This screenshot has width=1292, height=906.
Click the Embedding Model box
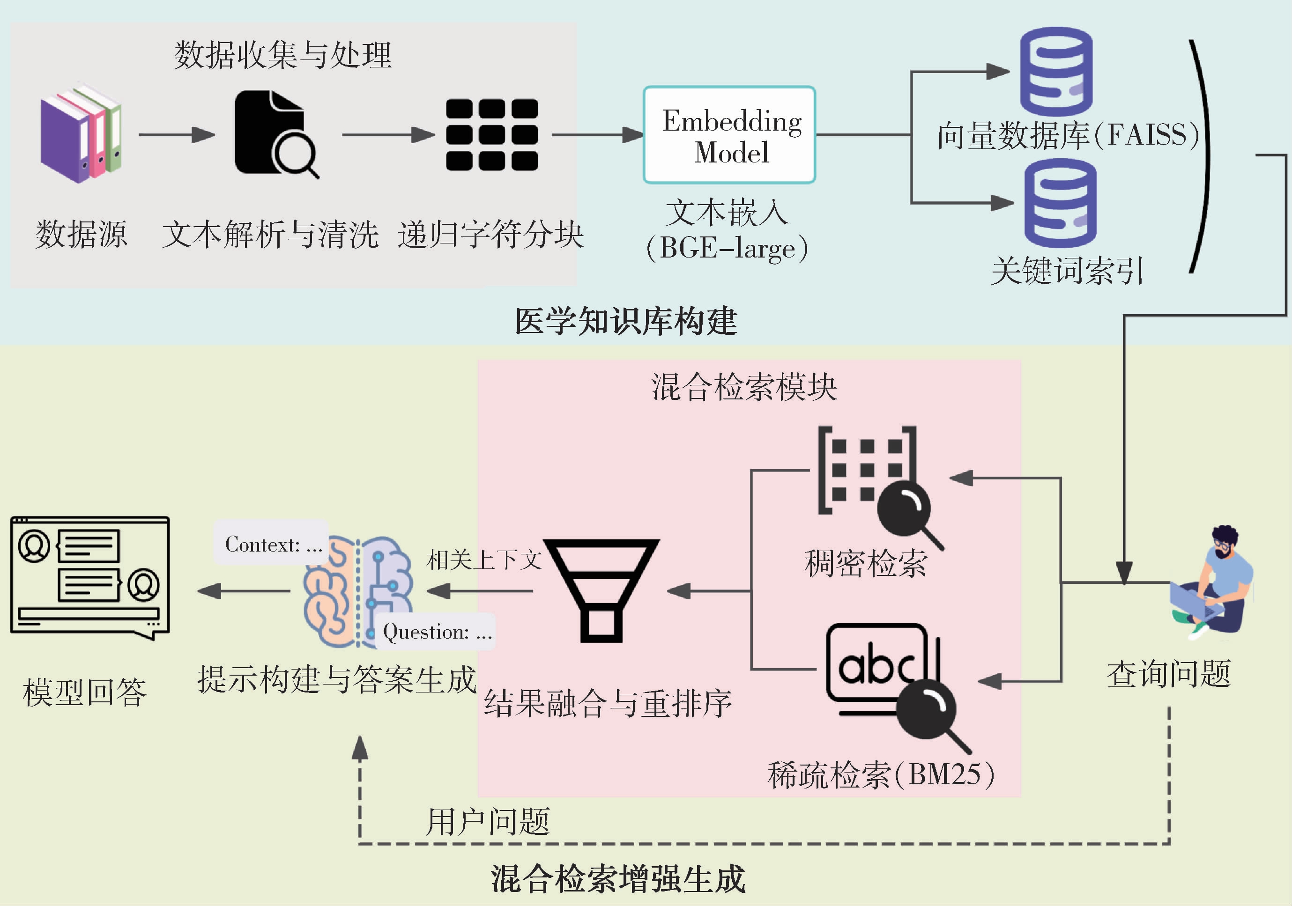coord(729,135)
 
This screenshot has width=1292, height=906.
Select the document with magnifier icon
coord(275,134)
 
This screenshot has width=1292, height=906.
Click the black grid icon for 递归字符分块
coord(492,135)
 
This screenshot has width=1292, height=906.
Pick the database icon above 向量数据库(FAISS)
coord(1056,72)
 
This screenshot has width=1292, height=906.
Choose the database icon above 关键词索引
coord(1060,203)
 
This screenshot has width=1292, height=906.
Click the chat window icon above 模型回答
coord(90,577)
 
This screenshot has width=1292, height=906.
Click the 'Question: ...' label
coord(437,632)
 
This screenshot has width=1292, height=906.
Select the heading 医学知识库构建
coord(626,322)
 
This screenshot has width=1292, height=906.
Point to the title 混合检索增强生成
coord(618,878)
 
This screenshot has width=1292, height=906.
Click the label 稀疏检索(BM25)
coord(881,774)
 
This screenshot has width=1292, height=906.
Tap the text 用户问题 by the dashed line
coord(487,822)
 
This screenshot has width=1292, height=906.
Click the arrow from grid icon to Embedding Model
coord(596,135)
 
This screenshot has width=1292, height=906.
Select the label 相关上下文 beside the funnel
coord(484,560)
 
